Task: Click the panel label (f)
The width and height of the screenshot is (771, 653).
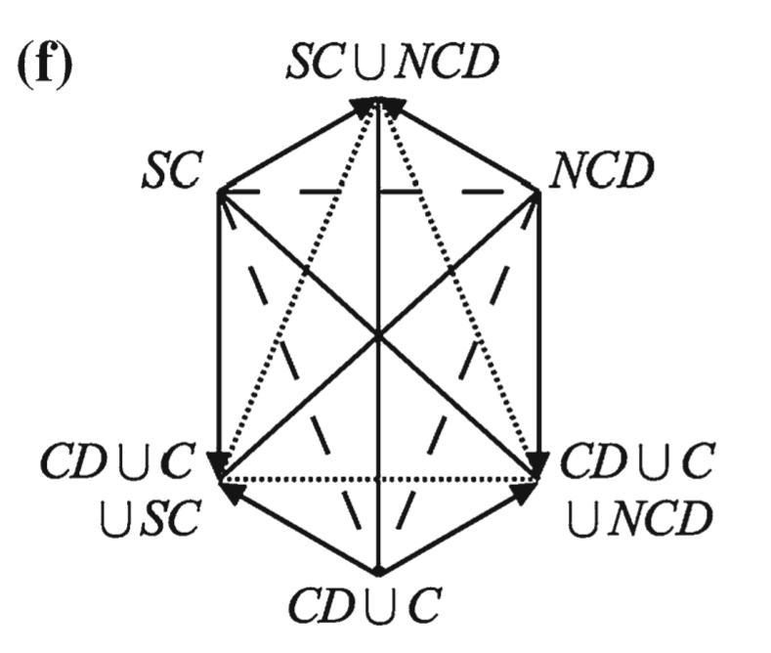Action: point(45,66)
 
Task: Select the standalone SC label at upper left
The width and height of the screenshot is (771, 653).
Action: point(169,172)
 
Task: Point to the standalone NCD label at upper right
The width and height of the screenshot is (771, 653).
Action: point(601,172)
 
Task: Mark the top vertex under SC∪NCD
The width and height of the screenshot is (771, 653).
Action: point(378,101)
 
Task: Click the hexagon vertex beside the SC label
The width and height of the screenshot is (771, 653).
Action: point(217,191)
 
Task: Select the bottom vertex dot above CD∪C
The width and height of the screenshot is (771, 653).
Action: point(378,571)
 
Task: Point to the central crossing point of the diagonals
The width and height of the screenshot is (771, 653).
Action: point(378,335)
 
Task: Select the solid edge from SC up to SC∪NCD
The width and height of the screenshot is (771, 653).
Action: point(293,148)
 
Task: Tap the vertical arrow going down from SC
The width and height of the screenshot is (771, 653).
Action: point(217,332)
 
